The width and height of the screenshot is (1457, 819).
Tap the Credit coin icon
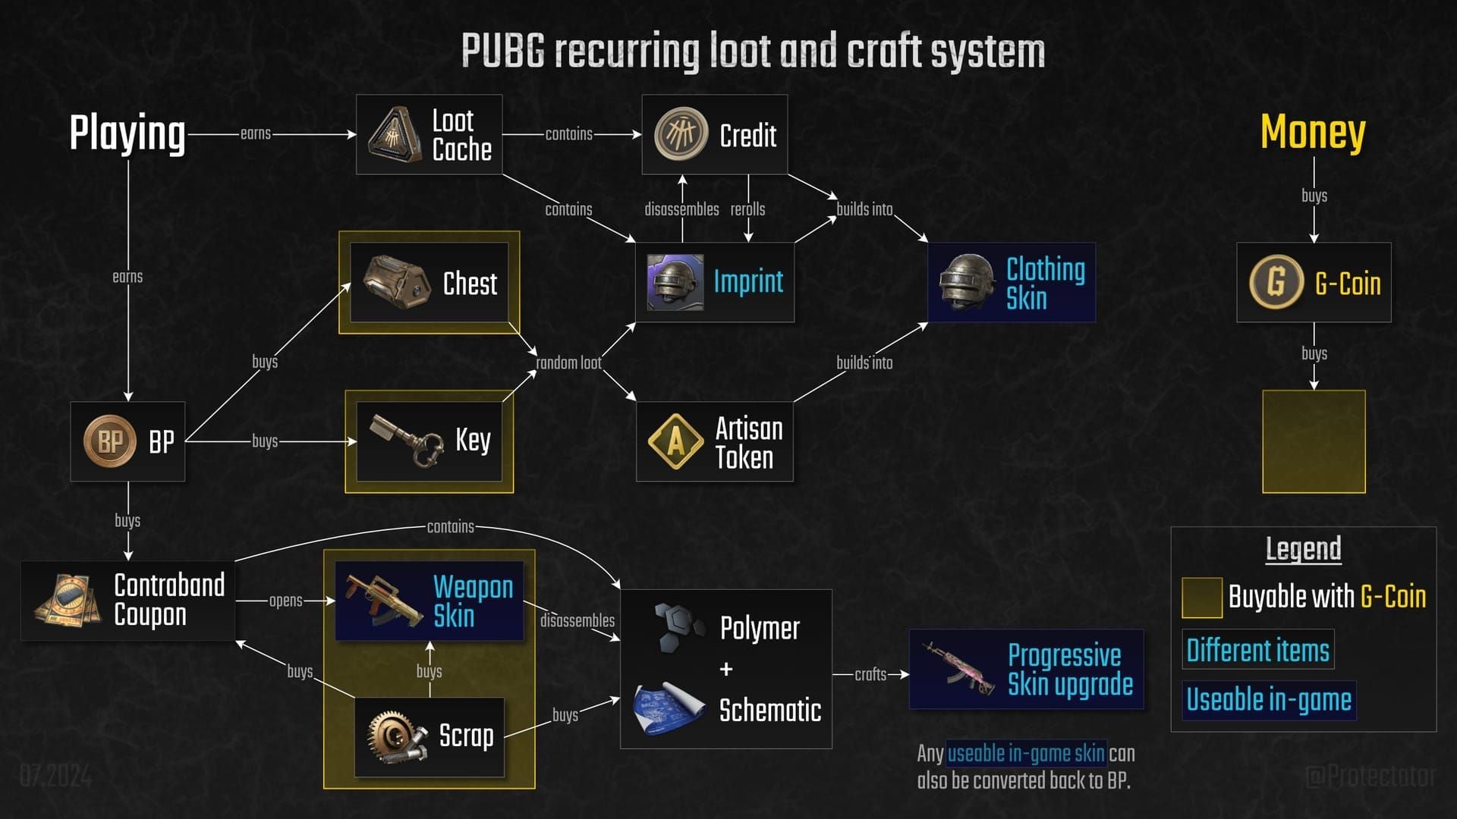point(681,133)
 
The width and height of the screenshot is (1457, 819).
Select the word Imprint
point(748,282)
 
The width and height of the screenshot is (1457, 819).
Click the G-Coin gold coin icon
point(1276,281)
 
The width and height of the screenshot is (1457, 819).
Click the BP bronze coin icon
point(109,441)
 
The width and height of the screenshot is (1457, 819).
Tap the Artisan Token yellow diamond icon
point(675,441)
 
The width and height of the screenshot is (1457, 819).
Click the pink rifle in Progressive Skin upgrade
point(959,668)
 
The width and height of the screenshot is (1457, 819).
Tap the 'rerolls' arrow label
point(747,209)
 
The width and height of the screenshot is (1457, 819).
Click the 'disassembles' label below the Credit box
point(681,209)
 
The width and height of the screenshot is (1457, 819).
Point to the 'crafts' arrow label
point(870,674)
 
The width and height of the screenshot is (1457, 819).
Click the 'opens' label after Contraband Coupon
point(285,601)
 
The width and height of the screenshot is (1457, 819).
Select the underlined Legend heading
point(1303,548)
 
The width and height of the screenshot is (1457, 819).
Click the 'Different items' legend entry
point(1257,650)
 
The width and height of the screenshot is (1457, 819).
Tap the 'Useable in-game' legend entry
point(1268,699)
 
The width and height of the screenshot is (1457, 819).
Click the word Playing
point(127,133)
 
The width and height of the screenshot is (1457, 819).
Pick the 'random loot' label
point(568,363)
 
